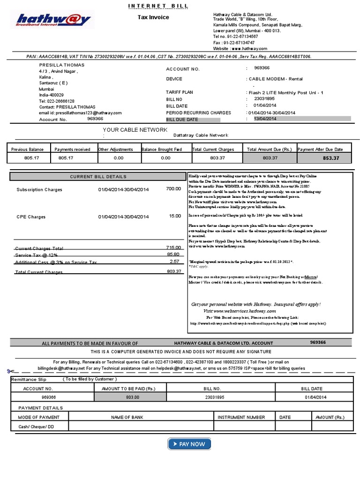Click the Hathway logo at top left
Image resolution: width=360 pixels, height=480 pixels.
pos(53,20)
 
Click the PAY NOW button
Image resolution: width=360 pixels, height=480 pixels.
pos(189,444)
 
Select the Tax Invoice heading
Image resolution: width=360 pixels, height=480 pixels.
pos(153,17)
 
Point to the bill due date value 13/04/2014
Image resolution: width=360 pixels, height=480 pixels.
pos(265,119)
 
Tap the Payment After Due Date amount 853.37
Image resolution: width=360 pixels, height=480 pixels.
pos(330,158)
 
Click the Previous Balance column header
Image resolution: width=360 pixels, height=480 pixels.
pos(28,150)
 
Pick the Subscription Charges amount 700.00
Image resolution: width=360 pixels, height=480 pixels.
pos(173,188)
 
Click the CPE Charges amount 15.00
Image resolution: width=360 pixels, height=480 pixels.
pos(175,216)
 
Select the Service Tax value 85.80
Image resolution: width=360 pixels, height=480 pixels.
pos(173,254)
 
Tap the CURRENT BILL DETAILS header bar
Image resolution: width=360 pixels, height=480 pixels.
pos(98,177)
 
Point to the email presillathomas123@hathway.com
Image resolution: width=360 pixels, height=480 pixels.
pos(80,113)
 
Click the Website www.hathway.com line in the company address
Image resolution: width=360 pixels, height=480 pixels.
pos(240,48)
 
